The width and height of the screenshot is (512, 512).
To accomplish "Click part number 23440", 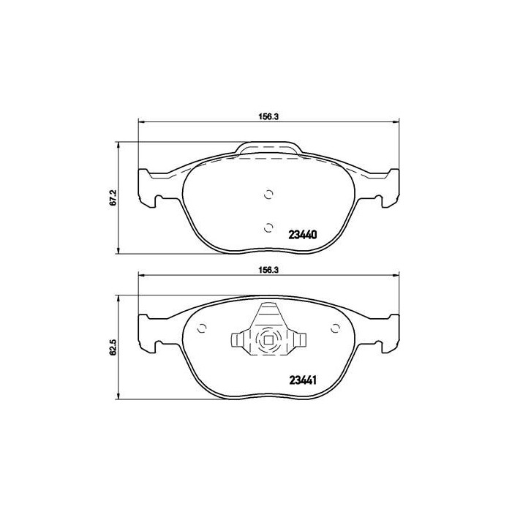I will coord(303,235).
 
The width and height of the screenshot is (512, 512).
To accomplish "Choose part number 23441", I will coord(303,380).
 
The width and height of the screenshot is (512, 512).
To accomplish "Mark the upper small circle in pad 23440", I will coord(268,194).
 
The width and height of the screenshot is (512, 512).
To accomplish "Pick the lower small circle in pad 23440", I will coord(268,225).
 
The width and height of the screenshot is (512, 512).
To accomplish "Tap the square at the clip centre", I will coord(268,340).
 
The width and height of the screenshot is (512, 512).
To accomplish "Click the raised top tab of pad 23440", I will coord(268,149).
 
